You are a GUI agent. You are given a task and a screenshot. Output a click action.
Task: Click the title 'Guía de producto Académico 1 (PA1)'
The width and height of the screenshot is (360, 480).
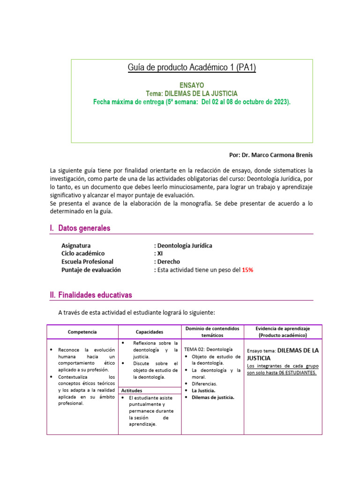coord(192,68)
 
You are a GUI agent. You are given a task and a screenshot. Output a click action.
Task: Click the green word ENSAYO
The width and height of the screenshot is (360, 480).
coord(192,85)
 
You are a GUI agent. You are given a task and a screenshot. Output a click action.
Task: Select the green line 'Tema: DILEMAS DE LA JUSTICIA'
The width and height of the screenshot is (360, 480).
coord(192,93)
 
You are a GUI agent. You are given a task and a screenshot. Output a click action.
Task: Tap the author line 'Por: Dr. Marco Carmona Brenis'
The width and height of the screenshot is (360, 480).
coord(269,154)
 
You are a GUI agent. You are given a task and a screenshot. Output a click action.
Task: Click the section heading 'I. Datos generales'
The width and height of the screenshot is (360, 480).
coord(80,228)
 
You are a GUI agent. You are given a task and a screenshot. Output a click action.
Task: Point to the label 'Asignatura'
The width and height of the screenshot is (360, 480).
coord(76,246)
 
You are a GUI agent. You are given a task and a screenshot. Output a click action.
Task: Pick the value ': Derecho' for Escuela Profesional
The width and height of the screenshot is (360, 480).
coord(167,262)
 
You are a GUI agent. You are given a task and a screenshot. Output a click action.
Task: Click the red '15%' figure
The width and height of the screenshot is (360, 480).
coord(247,270)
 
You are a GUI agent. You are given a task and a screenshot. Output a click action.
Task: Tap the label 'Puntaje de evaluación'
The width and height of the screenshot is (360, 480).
coord(91,270)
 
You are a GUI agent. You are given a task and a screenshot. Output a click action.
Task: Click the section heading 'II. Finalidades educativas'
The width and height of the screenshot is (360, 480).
coord(91,295)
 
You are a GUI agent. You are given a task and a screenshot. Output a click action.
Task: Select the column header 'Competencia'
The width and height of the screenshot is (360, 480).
coord(82,332)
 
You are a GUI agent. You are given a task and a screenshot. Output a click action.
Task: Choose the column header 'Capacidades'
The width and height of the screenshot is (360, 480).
coord(150,332)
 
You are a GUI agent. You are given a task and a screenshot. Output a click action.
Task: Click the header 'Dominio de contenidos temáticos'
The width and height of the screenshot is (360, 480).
coord(212,332)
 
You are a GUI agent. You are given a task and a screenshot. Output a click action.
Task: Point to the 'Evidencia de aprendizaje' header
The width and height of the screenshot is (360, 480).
coord(283,329)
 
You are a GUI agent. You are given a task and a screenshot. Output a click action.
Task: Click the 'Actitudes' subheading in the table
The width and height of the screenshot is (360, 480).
coord(132,390)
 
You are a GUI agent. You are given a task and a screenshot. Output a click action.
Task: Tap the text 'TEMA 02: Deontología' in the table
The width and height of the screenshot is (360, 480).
coord(208,350)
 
